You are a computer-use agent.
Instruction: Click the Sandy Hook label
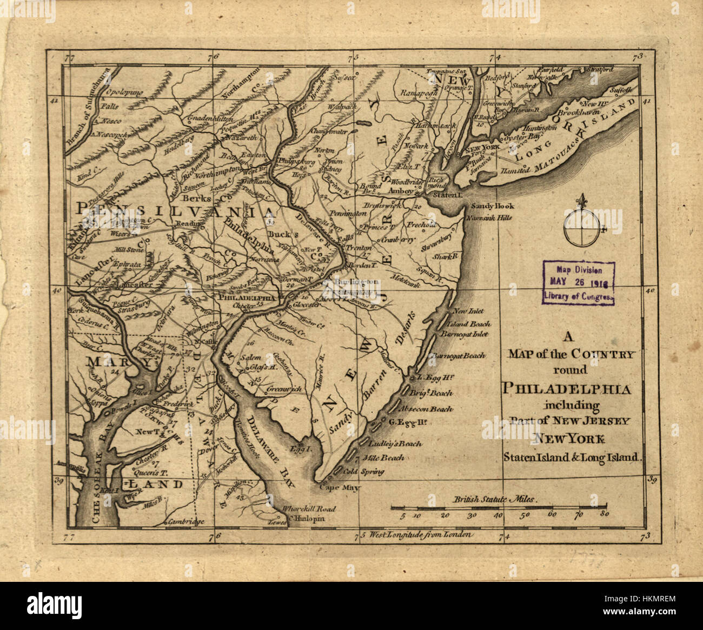coord(492,206)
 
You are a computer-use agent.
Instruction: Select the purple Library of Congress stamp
coord(579,282)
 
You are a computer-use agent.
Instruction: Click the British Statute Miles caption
coord(496,500)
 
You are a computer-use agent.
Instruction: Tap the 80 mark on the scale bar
coord(605,515)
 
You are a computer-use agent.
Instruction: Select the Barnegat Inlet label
coord(464,334)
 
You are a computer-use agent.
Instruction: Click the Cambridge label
coord(185,522)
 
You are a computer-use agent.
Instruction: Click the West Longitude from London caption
coord(417,535)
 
